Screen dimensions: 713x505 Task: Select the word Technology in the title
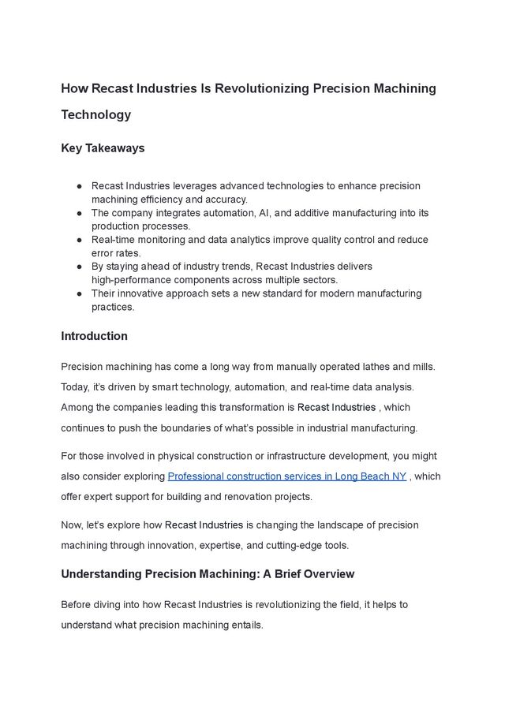click(x=95, y=114)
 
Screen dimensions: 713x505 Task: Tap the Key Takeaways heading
click(x=103, y=148)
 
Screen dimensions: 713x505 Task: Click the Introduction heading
click(x=94, y=336)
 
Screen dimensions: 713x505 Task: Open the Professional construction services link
click(x=287, y=476)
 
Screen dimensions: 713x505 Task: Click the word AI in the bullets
click(x=278, y=213)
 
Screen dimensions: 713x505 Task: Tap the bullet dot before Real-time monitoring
click(x=80, y=240)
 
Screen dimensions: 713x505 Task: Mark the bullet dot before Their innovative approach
click(x=80, y=293)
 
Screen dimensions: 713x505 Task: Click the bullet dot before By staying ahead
click(x=80, y=267)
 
